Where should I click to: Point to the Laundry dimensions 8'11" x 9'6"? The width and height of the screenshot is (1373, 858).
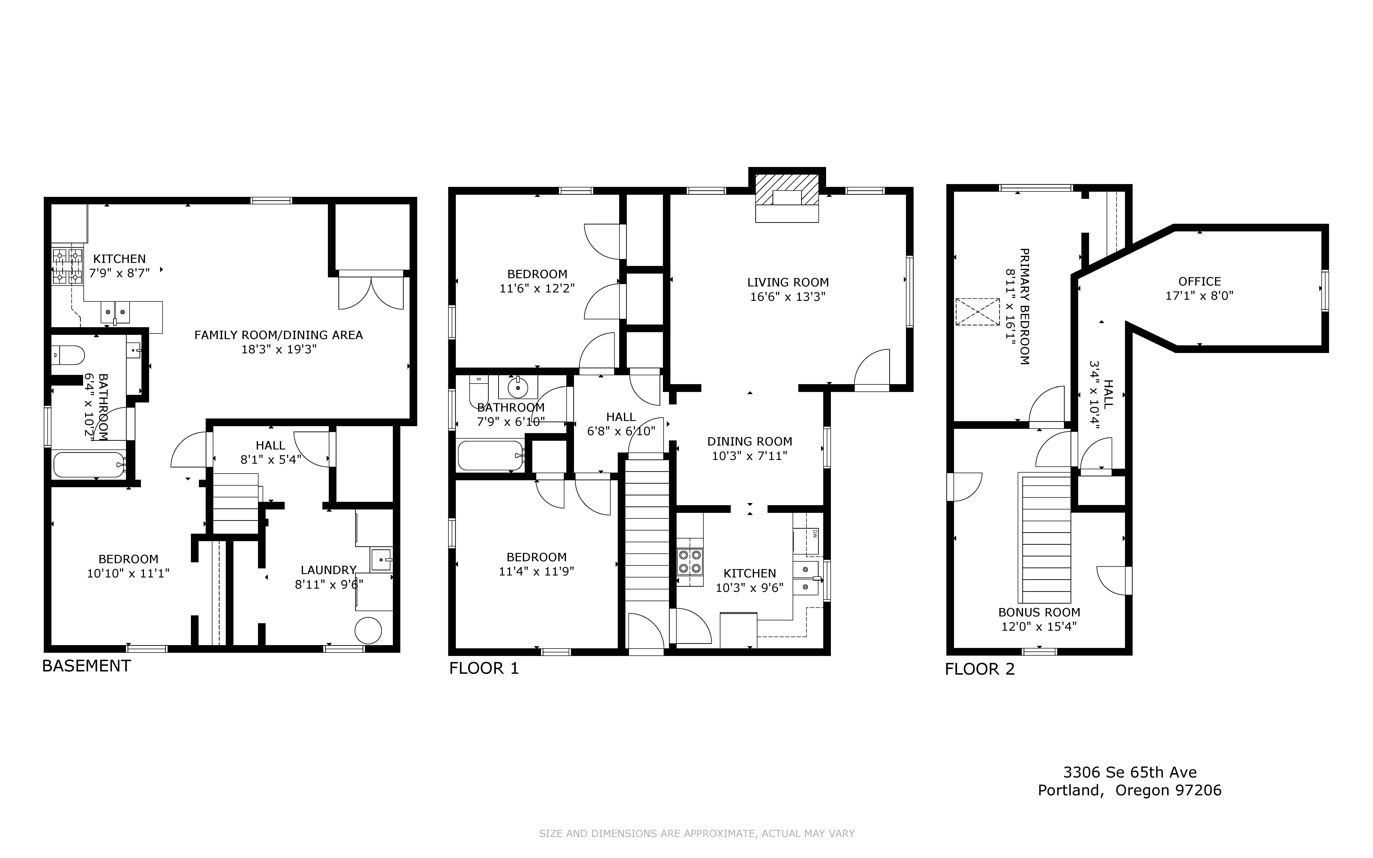pos(329,584)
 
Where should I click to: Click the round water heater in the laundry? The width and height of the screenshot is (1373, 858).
pos(368,631)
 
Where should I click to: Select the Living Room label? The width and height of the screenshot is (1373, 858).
pos(788,282)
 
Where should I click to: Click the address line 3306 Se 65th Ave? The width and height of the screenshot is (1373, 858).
pos(1130,772)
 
